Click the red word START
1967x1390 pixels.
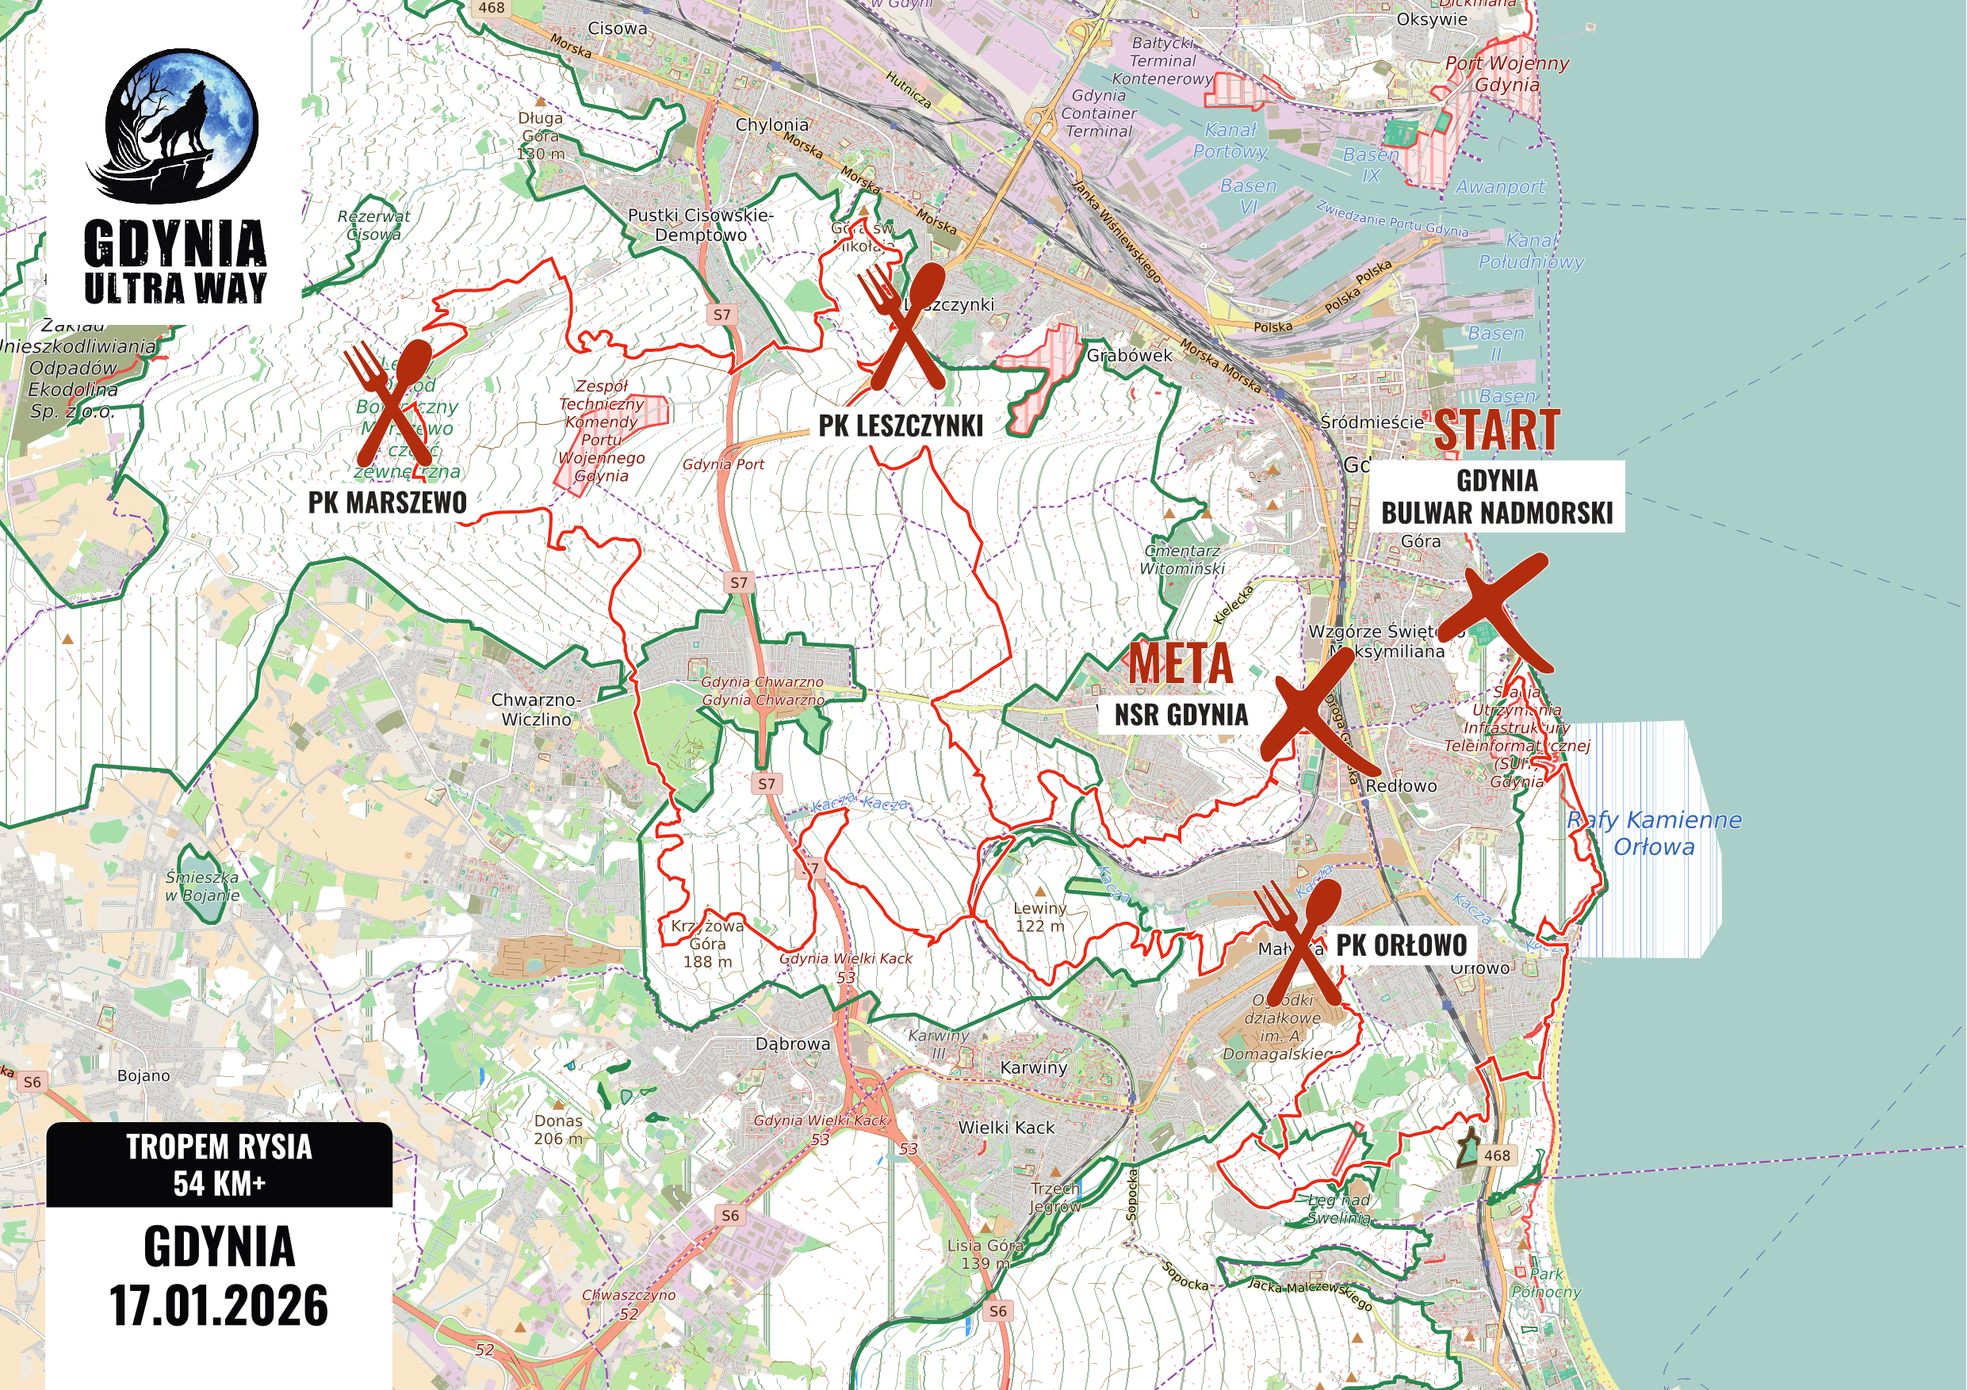pyautogui.click(x=1496, y=430)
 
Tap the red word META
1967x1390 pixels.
pyautogui.click(x=1181, y=663)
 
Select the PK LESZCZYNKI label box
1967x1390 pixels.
pyautogui.click(x=901, y=426)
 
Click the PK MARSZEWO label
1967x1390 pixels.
pyautogui.click(x=387, y=502)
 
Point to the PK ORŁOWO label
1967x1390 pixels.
pyautogui.click(x=1402, y=945)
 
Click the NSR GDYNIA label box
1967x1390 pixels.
pyautogui.click(x=1181, y=715)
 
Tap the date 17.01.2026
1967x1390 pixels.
pyautogui.click(x=220, y=1305)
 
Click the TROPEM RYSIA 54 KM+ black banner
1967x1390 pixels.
pyautogui.click(x=220, y=1165)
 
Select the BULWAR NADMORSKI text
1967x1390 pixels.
pyautogui.click(x=1497, y=513)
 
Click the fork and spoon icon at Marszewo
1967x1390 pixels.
pyautogui.click(x=388, y=403)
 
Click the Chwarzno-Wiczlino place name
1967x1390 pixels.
pyautogui.click(x=536, y=709)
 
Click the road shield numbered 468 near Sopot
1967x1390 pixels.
pyautogui.click(x=1497, y=1155)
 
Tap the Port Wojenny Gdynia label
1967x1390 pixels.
pyautogui.click(x=1507, y=74)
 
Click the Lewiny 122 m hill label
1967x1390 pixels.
pyautogui.click(x=1040, y=916)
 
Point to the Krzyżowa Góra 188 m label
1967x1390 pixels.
pyautogui.click(x=708, y=943)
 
